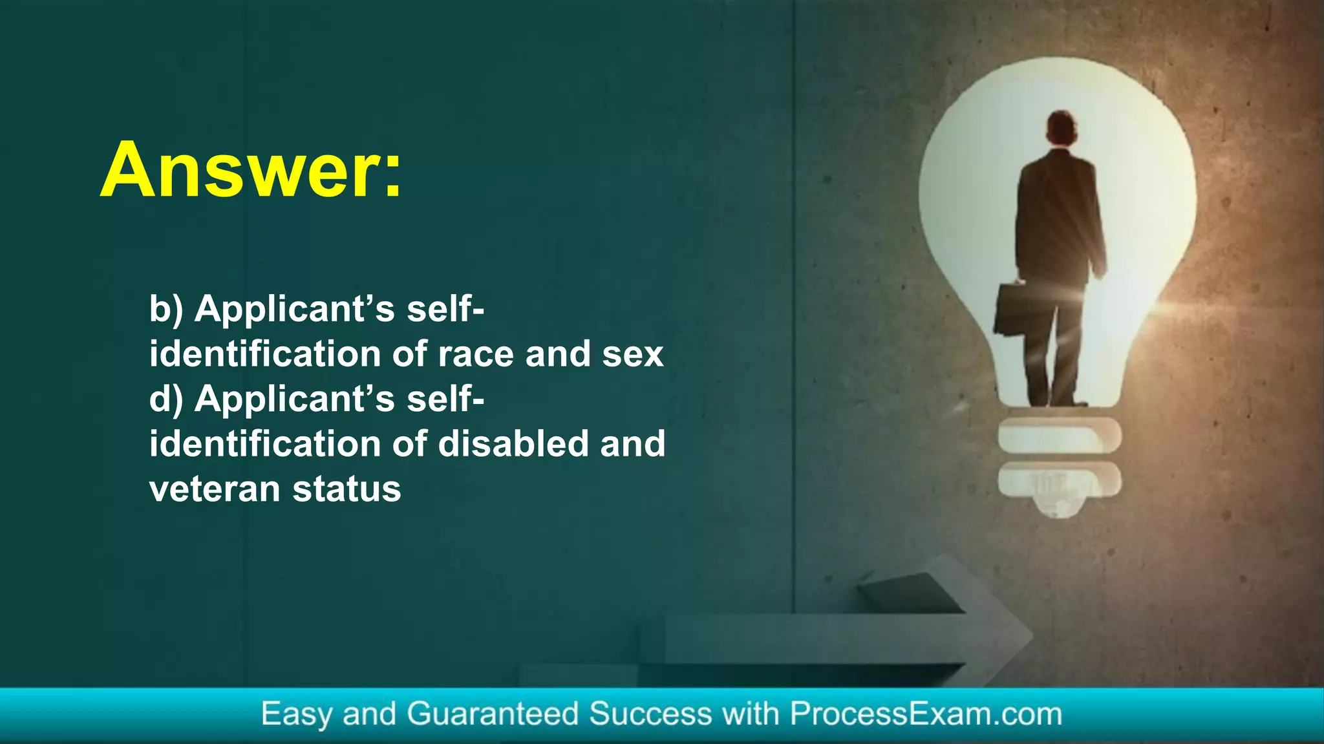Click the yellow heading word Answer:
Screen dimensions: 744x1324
pyautogui.click(x=251, y=170)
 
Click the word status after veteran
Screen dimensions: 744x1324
pyautogui.click(x=347, y=489)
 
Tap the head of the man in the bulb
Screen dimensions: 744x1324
pyautogui.click(x=1062, y=127)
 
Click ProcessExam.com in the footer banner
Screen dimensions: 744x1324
pyautogui.click(x=926, y=714)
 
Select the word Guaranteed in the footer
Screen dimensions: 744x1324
pyautogui.click(x=492, y=714)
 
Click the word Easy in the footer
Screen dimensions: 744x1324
pyautogui.click(x=296, y=714)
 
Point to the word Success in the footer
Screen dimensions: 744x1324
pyautogui.click(x=650, y=714)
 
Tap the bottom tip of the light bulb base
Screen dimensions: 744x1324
pyautogui.click(x=1058, y=511)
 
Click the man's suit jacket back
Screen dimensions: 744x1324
pyautogui.click(x=1059, y=213)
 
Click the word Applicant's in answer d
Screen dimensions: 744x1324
pyautogui.click(x=295, y=399)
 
